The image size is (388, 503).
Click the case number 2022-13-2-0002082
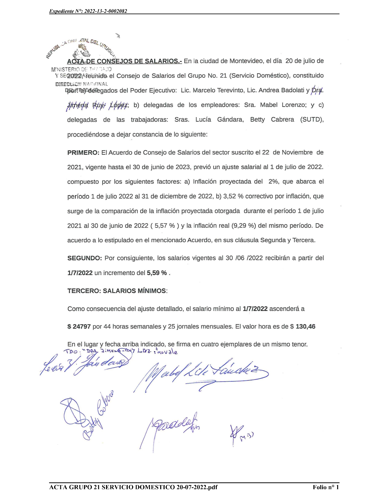[x=106, y=11]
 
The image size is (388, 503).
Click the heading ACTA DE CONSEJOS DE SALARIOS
[x=124, y=61]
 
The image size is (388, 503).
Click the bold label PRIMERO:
[x=83, y=152]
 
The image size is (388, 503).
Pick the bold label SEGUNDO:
[x=85, y=258]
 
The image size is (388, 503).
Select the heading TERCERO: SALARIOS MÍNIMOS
[x=117, y=291]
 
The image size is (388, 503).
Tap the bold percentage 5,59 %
[x=157, y=273]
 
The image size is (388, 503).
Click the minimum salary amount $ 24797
[x=79, y=326]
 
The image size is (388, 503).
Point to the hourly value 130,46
[x=306, y=326]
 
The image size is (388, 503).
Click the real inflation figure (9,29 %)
[x=243, y=226]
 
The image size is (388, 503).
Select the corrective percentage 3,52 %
[x=233, y=196]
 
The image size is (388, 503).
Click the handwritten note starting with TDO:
[x=120, y=351]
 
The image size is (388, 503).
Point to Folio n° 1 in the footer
[x=326, y=487]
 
